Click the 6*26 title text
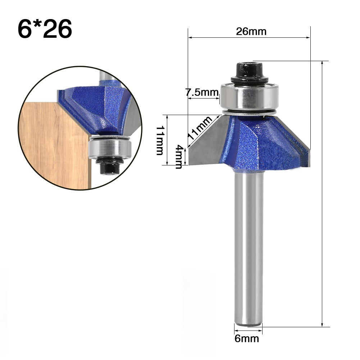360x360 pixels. tap(45, 29)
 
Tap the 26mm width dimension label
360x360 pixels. tap(251, 32)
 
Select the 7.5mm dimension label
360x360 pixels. tap(202, 92)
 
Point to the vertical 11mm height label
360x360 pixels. tap(160, 140)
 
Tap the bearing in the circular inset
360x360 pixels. tap(109, 147)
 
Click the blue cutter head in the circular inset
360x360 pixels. tap(94, 108)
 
